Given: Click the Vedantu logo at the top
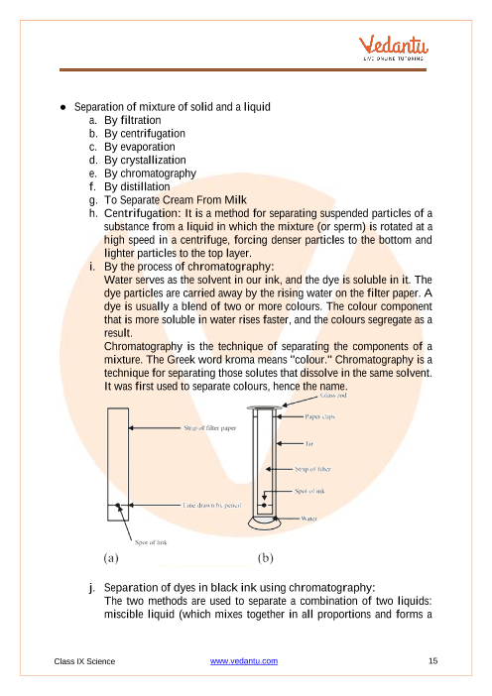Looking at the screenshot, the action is [x=394, y=48].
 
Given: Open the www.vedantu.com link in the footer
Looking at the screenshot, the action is [x=244, y=661].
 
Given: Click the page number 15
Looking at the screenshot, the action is [x=432, y=661].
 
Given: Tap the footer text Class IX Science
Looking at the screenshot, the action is [x=84, y=661].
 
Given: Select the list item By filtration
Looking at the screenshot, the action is [x=132, y=120].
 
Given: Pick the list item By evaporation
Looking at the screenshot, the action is [x=140, y=147].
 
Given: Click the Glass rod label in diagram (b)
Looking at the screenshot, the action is [x=333, y=395].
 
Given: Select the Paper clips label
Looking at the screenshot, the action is [x=319, y=416].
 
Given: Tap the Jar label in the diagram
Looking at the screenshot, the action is [x=309, y=443].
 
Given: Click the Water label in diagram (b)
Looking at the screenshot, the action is [x=309, y=518].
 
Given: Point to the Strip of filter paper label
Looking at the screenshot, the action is [x=210, y=428].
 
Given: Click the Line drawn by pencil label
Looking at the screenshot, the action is [x=212, y=505].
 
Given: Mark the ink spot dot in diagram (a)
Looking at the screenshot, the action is [x=118, y=505].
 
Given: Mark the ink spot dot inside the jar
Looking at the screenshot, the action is [x=264, y=505].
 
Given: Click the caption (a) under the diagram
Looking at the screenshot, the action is [x=111, y=558].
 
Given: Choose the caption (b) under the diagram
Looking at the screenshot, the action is [x=265, y=558].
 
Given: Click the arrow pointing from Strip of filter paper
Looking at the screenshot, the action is [x=155, y=428].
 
